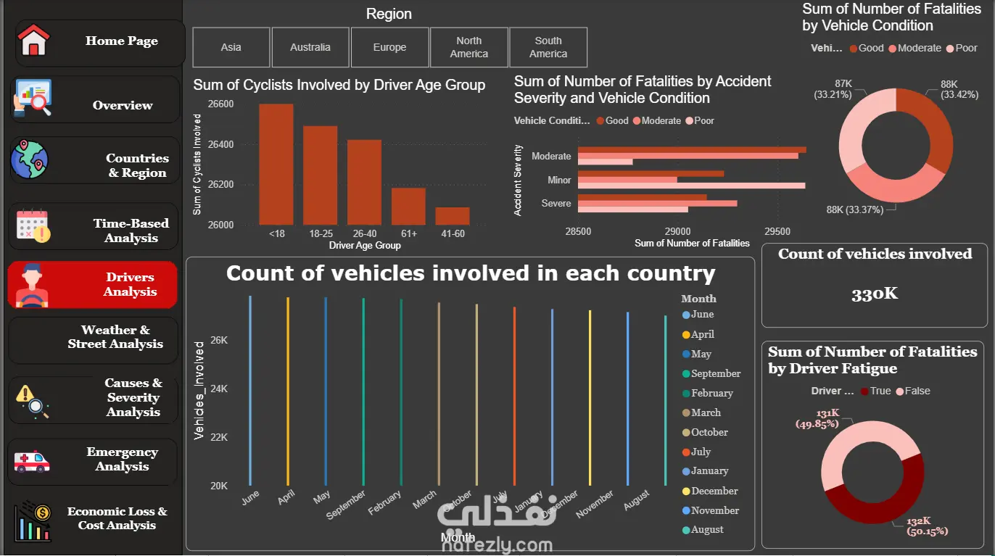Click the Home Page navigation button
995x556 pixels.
point(100,41)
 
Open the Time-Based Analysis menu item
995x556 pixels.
point(94,231)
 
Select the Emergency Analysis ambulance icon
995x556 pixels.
point(33,460)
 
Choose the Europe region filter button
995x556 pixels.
point(389,47)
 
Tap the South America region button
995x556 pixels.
point(548,47)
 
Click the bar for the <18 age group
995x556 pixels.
point(276,165)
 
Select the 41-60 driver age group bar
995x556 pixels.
point(453,216)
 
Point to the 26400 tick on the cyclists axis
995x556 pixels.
point(220,144)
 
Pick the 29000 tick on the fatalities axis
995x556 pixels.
point(677,231)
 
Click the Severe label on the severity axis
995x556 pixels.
point(556,203)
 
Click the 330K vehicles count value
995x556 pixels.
point(875,294)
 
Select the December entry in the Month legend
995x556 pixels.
point(714,491)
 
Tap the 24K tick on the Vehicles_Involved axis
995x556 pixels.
point(219,389)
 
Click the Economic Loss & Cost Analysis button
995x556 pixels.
point(94,518)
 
